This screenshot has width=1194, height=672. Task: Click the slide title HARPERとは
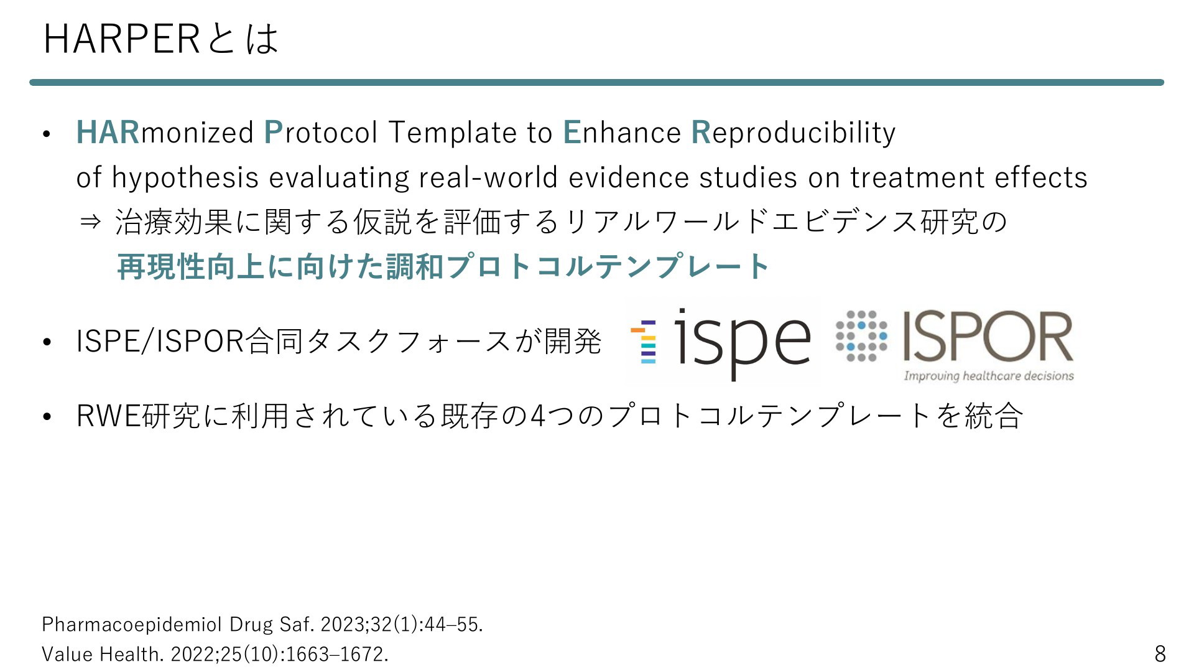click(161, 39)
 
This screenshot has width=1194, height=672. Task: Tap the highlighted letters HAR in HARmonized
click(108, 133)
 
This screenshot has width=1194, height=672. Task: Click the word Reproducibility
click(794, 133)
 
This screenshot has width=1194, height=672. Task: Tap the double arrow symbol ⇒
click(91, 222)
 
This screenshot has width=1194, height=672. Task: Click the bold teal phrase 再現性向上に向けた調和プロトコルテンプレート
click(443, 266)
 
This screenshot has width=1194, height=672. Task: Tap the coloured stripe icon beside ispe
click(644, 342)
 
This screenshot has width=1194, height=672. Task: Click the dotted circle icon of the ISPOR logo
click(861, 336)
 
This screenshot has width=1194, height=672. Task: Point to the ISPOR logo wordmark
click(988, 337)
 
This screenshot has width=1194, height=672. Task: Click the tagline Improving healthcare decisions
click(989, 376)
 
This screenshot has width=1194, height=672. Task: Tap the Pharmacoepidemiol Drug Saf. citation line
click(262, 624)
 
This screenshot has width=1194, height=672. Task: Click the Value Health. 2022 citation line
click(215, 654)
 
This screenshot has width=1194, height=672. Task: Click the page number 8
click(1160, 654)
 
